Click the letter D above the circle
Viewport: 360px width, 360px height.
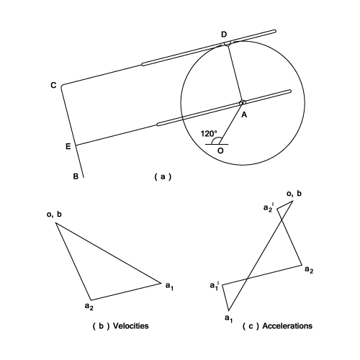pos(224,35)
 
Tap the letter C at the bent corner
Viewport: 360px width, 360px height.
pos(53,85)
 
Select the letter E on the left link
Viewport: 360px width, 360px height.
pos(68,146)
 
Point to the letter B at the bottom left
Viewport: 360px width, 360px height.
pos(76,176)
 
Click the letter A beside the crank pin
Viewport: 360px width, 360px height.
pos(244,115)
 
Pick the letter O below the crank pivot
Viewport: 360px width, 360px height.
pos(220,150)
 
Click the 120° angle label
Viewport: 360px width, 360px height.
pos(209,133)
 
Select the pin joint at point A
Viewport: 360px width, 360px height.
pos(242,102)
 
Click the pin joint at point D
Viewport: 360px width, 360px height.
pos(227,44)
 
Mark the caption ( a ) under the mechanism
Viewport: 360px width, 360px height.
pos(163,176)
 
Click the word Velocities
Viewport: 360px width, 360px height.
pos(130,326)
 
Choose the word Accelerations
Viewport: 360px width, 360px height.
pos(287,326)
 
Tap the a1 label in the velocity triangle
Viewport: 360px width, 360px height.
pos(169,286)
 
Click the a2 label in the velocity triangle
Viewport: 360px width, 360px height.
pos(89,307)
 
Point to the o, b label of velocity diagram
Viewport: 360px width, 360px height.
pos(54,215)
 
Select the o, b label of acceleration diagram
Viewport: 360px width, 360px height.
pos(294,194)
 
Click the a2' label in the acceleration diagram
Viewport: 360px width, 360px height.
pos(269,207)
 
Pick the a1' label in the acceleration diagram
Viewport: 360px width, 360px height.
pos(215,286)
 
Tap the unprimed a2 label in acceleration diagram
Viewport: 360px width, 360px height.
pos(309,269)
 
